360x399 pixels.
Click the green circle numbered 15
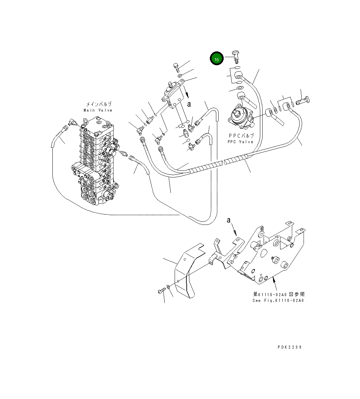tap(217, 59)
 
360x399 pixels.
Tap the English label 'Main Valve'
tap(98, 110)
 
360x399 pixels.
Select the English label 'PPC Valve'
tap(240, 142)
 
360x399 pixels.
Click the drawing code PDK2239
tap(289, 347)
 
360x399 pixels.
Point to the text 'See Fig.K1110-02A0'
tap(278, 301)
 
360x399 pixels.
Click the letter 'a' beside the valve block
tap(189, 104)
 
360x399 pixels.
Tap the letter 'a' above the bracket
tap(229, 220)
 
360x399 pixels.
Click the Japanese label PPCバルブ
tap(241, 136)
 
